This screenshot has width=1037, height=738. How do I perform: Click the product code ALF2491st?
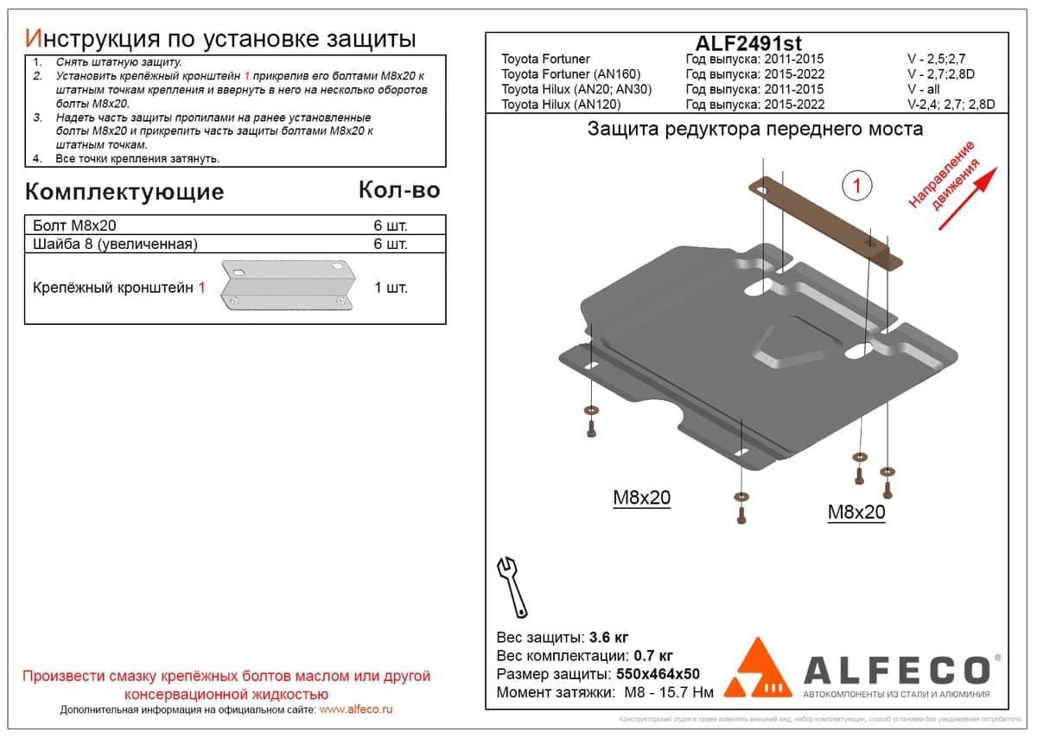(x=748, y=43)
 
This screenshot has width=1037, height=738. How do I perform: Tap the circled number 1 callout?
(x=856, y=186)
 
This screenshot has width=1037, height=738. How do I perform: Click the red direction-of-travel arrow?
(x=968, y=199)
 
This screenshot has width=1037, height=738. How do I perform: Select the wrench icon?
(x=512, y=587)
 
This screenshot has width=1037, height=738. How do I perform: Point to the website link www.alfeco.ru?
(x=355, y=709)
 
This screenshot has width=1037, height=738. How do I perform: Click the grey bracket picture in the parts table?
(x=288, y=284)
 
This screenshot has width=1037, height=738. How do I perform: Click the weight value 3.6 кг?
(x=608, y=638)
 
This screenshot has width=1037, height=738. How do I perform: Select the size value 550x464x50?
(x=658, y=674)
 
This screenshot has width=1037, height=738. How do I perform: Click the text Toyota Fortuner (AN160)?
(x=571, y=74)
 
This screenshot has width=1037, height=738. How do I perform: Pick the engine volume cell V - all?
(x=923, y=89)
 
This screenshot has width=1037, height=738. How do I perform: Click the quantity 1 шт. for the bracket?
(x=391, y=288)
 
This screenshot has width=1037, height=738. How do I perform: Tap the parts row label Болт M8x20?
(x=74, y=226)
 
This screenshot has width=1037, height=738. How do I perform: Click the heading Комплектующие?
(x=124, y=192)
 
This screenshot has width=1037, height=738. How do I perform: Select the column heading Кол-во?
(x=399, y=190)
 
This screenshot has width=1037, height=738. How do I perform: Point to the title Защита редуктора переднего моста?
(x=755, y=129)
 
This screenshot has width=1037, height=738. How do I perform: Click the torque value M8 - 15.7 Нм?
(x=669, y=692)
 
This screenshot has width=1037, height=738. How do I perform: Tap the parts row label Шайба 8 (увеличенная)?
(x=115, y=244)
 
